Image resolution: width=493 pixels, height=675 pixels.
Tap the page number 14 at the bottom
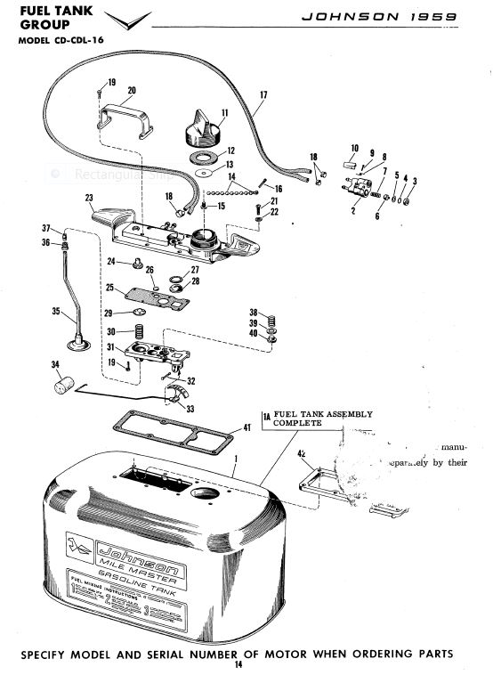click(x=238, y=665)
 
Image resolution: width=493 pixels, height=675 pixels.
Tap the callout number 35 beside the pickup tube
click(x=55, y=313)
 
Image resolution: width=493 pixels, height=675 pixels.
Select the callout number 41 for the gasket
click(x=247, y=428)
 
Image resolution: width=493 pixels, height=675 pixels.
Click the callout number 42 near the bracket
click(x=303, y=454)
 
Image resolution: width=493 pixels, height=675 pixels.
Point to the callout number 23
click(x=89, y=197)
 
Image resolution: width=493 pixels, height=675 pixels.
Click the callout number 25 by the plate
click(x=110, y=289)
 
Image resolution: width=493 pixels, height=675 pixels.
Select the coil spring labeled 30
click(x=140, y=332)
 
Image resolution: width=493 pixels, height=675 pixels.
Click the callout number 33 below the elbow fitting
click(x=190, y=408)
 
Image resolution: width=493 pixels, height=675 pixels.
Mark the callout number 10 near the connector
click(x=354, y=148)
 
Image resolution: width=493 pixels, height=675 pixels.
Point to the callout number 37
click(x=46, y=228)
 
